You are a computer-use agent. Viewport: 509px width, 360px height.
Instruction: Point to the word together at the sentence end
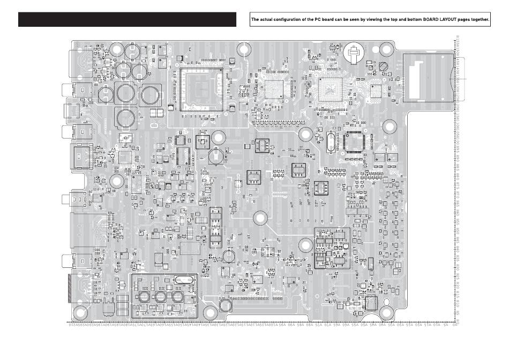click(x=478, y=20)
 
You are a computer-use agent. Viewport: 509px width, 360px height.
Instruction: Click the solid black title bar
click(x=127, y=19)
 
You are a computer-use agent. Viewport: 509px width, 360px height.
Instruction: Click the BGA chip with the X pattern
click(x=331, y=89)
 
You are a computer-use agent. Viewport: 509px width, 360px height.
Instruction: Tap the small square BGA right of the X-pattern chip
click(x=376, y=91)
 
